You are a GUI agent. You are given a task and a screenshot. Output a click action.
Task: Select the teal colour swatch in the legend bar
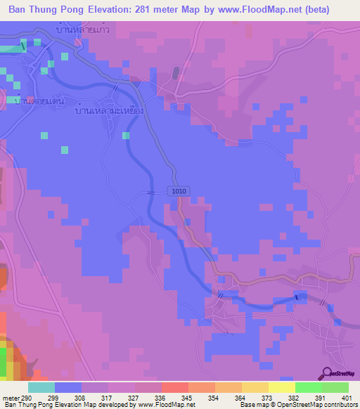[41, 387]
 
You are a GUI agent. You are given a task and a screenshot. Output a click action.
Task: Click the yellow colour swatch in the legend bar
[254, 387]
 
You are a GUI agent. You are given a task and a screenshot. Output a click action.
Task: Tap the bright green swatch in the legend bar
[308, 387]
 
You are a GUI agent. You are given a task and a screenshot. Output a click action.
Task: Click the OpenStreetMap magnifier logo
[326, 374]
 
